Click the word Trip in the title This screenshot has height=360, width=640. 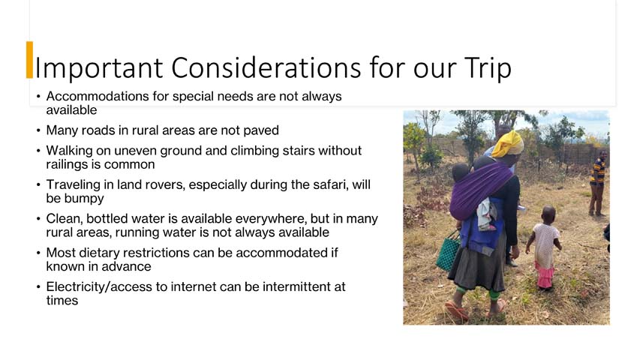point(484,67)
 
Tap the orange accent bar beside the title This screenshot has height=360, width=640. point(29,60)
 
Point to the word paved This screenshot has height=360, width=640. point(261,130)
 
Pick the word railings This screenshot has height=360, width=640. point(69,164)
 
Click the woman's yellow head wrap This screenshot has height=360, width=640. point(509,143)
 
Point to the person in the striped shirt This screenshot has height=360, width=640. point(597,180)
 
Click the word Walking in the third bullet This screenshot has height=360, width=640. point(68,150)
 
